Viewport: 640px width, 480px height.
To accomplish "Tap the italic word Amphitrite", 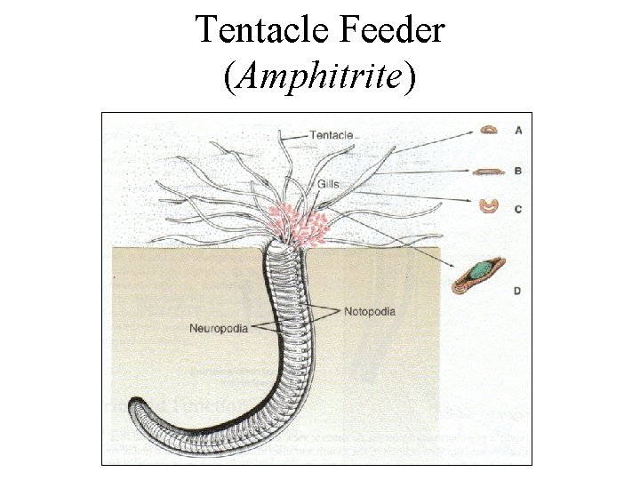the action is (x=320, y=77).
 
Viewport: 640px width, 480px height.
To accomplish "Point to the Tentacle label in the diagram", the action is (x=331, y=135).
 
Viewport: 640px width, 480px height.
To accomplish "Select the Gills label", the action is (x=327, y=184).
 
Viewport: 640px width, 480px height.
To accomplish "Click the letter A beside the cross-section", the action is (x=518, y=130).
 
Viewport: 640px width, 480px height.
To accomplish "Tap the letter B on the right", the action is (x=518, y=170).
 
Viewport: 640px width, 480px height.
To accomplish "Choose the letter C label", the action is (x=518, y=209).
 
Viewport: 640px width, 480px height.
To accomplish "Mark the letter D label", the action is (x=517, y=291).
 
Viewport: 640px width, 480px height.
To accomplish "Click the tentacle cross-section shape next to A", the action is (x=490, y=130).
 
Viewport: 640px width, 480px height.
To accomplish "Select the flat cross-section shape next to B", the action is (x=489, y=171).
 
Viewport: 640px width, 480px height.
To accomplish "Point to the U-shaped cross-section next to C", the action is (x=489, y=206).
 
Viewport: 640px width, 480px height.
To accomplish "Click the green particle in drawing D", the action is (x=484, y=268).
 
